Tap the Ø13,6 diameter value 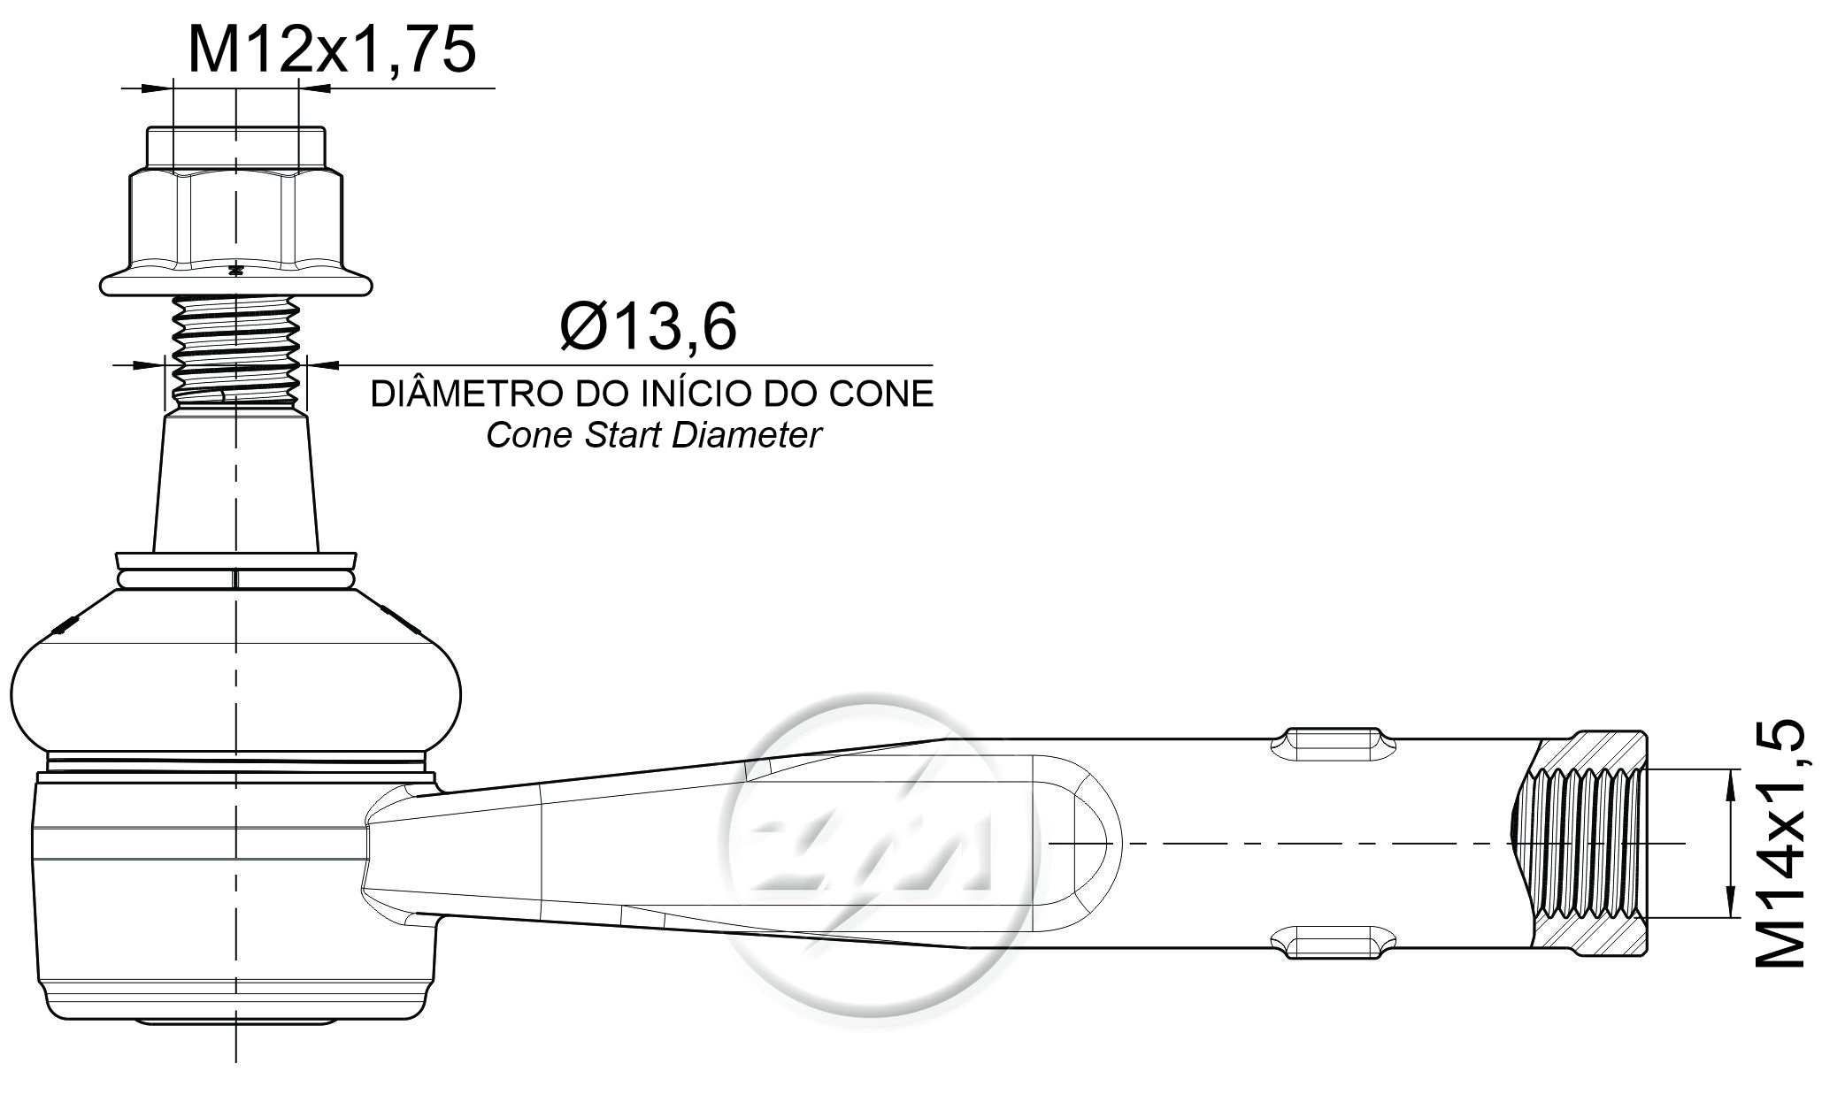[x=649, y=326]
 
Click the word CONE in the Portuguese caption [x=880, y=394]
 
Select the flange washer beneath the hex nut [x=235, y=283]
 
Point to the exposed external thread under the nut [x=235, y=352]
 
